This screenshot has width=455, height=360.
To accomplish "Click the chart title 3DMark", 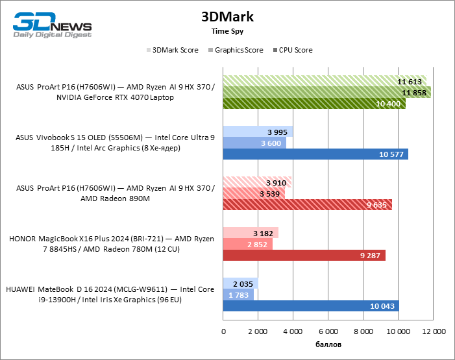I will coord(227,16).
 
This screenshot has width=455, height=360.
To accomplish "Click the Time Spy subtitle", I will coord(227,30).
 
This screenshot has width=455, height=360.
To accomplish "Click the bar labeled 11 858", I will coord(325,93).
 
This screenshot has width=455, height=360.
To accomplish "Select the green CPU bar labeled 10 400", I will coord(312,104).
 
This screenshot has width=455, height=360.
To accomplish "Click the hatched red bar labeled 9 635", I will coord(305,204).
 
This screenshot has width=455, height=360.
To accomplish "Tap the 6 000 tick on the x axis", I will coord(328,331).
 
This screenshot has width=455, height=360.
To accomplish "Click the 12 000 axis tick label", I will coord(434,331).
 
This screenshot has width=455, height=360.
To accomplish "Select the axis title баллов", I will coord(328,344).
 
